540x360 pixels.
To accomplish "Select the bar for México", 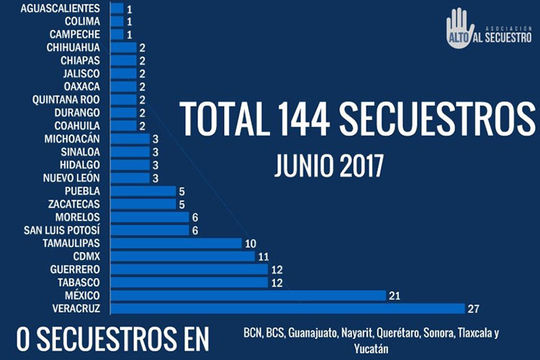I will (x=248, y=295).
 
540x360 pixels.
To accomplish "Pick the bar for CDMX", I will (x=181, y=256).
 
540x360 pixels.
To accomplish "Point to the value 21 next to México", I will (x=395, y=296).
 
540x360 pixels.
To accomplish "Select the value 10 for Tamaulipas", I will (x=251, y=243).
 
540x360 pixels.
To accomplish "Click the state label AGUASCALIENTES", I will (x=60, y=9).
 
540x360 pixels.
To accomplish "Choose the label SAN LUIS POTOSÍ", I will (x=62, y=230).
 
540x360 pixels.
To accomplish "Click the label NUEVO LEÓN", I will (x=71, y=178).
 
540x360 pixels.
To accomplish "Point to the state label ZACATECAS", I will (x=74, y=204).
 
